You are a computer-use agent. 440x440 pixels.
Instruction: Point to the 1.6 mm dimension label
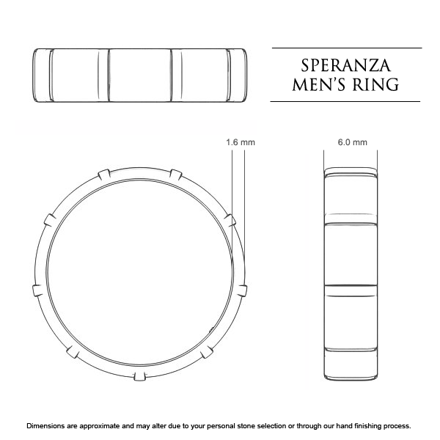click(240, 142)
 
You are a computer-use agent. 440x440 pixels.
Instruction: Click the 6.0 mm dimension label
click(352, 142)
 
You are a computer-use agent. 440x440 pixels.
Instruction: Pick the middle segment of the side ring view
click(352, 253)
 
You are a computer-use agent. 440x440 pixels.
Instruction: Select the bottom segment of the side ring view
click(352, 337)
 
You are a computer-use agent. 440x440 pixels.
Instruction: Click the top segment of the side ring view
click(352, 197)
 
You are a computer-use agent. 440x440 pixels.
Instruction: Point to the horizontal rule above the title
click(347, 48)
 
